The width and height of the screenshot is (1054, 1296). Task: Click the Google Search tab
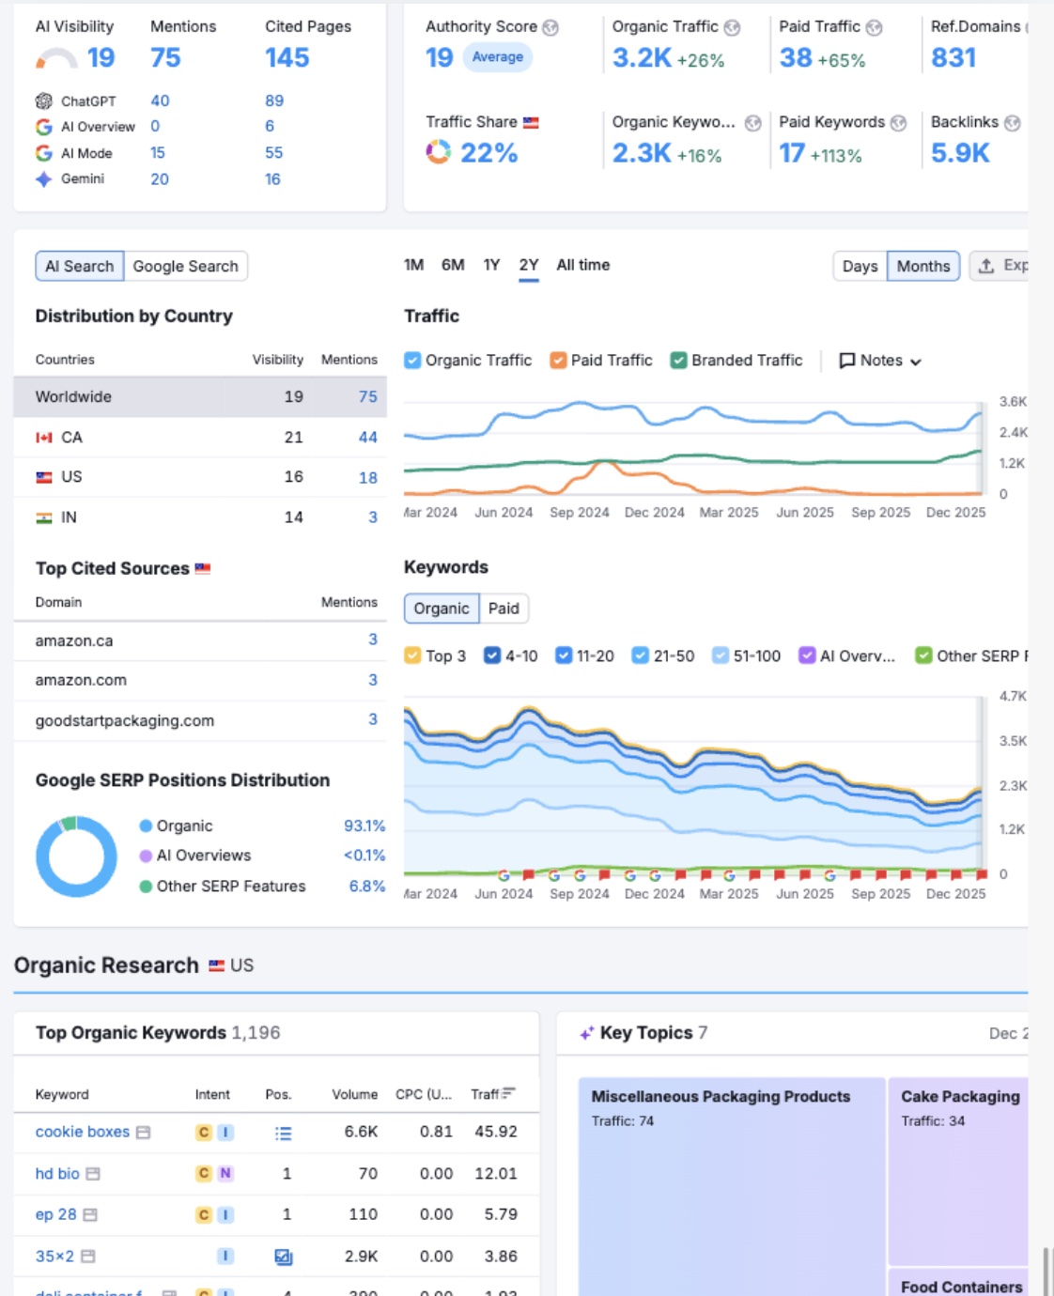185,267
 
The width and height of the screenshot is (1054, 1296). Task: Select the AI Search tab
80,267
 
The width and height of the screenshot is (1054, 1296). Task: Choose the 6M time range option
453,266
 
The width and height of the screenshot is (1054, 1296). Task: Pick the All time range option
582,266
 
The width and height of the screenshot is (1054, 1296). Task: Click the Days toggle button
860,267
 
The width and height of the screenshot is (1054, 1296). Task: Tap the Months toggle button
922,267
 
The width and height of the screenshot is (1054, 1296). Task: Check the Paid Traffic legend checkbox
558,361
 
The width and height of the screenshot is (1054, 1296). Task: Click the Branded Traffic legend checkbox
678,361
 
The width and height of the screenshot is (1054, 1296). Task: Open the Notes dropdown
880,361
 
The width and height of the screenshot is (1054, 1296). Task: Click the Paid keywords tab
504,609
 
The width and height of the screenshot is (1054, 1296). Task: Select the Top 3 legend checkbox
412,656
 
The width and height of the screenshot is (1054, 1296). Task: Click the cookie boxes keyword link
83,1133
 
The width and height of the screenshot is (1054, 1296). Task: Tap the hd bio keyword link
57,1174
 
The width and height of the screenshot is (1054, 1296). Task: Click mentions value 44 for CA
367,438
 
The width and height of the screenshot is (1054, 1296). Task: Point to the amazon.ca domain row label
74,641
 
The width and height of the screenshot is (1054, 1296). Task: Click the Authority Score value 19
439,58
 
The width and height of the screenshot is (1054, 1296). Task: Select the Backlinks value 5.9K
959,153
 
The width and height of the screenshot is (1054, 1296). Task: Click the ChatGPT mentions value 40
160,100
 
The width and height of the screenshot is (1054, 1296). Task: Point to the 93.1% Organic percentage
364,826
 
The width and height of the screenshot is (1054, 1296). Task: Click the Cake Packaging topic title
959,1097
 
